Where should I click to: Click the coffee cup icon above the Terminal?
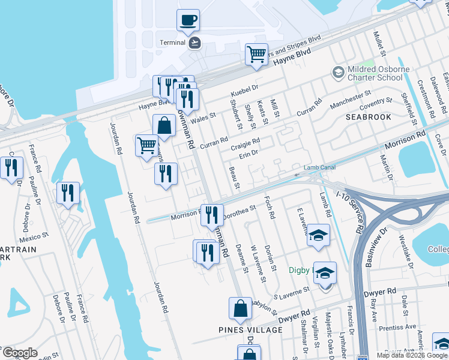click(x=188, y=20)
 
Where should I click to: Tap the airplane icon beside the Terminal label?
click(x=194, y=43)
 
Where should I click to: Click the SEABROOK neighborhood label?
click(x=368, y=117)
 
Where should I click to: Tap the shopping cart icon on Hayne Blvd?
click(x=256, y=55)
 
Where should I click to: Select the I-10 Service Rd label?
click(x=352, y=212)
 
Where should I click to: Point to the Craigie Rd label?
click(x=246, y=143)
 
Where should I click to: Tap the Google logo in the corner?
click(x=19, y=353)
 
